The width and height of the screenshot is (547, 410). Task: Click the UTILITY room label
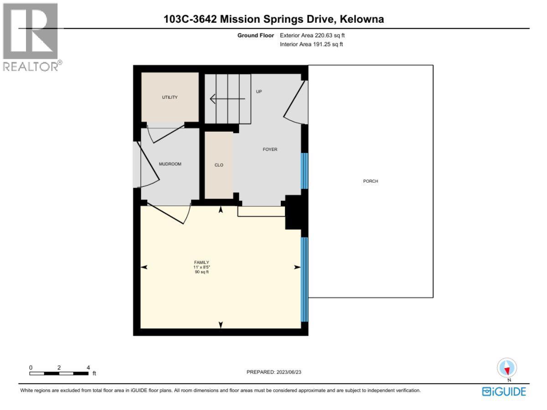[170, 97]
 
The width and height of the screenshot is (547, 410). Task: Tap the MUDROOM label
[170, 164]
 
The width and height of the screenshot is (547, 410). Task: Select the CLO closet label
[219, 165]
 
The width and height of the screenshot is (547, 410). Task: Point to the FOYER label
[270, 149]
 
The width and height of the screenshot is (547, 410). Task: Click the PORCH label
[371, 181]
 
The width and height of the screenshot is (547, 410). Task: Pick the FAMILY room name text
[201, 262]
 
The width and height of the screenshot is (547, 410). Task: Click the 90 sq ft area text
[201, 272]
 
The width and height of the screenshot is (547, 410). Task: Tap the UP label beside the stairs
[259, 92]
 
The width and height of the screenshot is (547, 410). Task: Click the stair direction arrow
[227, 98]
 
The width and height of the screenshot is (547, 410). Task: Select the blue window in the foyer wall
[304, 171]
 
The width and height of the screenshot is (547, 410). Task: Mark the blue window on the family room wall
[304, 279]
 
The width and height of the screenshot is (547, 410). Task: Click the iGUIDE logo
[504, 391]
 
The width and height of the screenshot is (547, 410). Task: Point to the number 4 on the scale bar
[88, 368]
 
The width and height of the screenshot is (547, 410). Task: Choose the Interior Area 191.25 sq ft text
[311, 44]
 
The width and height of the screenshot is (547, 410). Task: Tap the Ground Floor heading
[255, 35]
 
